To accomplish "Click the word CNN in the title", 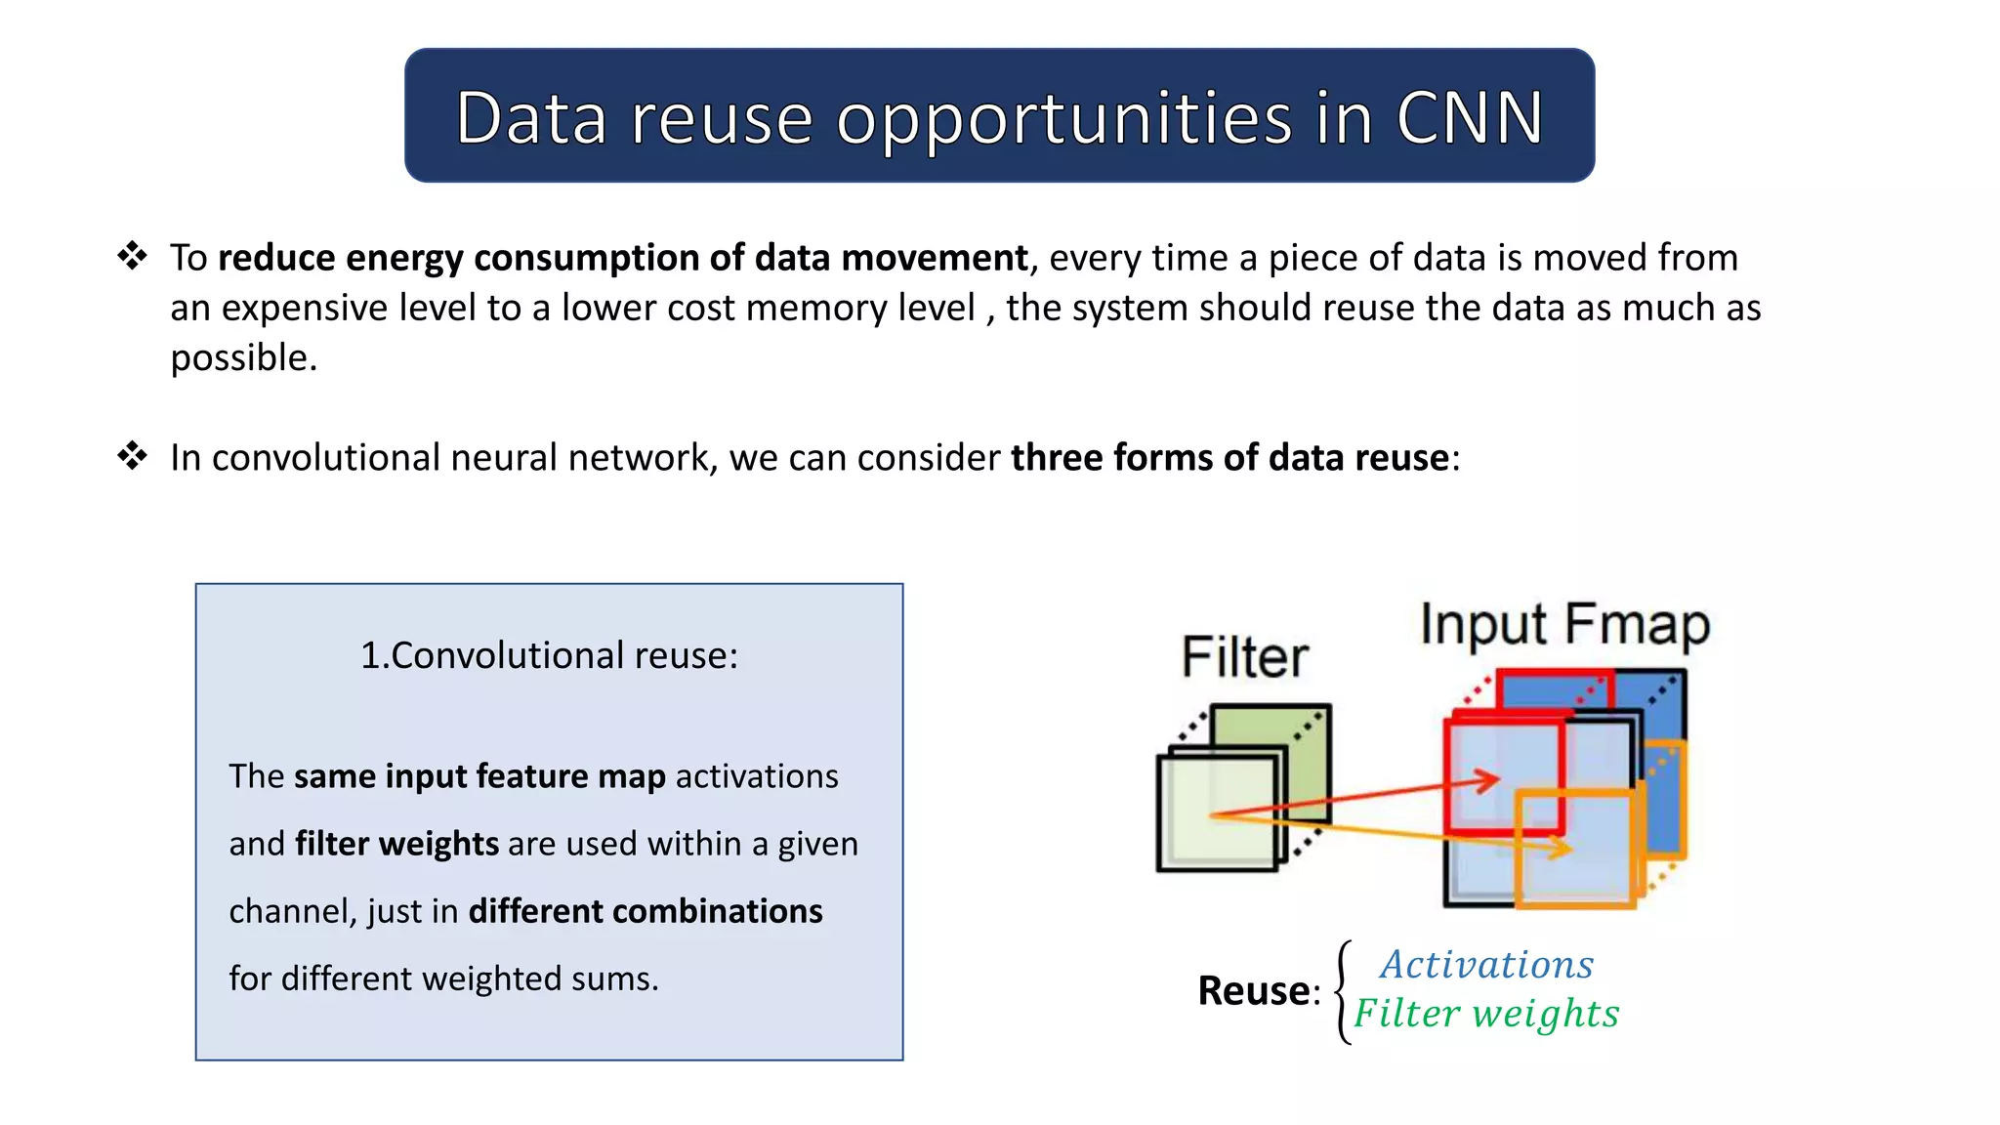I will tap(1469, 118).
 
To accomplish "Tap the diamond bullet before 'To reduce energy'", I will tap(132, 256).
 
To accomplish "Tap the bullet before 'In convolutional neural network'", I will tap(132, 455).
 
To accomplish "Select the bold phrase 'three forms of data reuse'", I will tap(1229, 457).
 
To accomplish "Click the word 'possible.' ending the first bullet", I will tap(243, 357).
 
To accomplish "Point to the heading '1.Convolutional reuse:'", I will tap(549, 655).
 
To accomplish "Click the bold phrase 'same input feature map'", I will tap(479, 776).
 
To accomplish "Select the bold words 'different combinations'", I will tap(646, 911).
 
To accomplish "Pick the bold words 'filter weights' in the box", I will tap(396, 844).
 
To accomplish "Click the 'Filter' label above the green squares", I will tap(1244, 656).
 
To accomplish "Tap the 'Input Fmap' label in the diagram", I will tap(1564, 624).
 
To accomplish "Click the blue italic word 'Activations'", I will tap(1486, 965).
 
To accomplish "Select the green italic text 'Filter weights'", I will tap(1485, 1014).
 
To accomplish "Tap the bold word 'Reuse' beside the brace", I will tap(1253, 991).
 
